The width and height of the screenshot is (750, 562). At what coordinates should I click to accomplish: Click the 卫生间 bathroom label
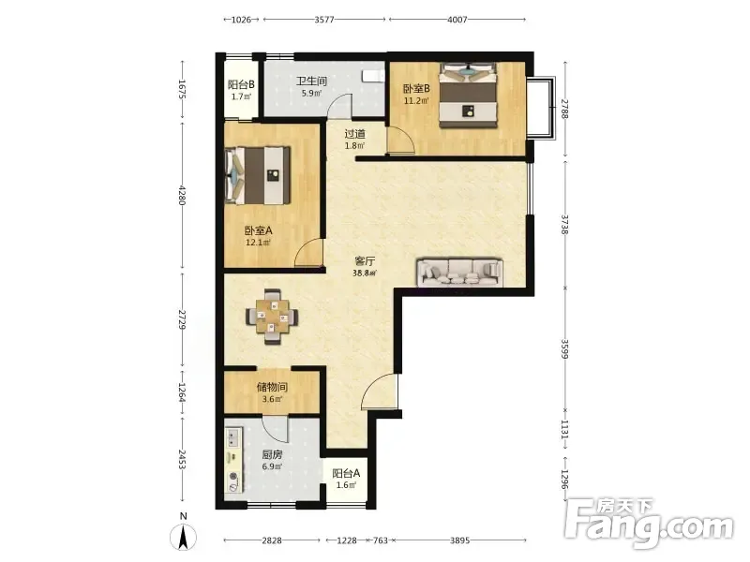tap(311, 81)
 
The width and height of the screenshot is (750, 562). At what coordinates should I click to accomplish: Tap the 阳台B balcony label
tap(241, 85)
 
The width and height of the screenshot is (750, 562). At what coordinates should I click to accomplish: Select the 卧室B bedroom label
tap(416, 89)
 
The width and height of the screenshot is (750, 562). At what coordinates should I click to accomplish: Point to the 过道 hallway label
tap(355, 134)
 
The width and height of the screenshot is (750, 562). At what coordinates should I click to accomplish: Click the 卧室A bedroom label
tap(259, 230)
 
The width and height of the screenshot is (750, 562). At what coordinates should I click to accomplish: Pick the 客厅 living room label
tap(365, 261)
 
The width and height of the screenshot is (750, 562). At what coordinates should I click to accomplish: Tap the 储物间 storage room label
tap(272, 387)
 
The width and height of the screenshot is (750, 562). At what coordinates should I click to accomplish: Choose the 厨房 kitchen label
tap(272, 454)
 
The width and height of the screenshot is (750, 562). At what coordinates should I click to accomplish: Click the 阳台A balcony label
tap(346, 474)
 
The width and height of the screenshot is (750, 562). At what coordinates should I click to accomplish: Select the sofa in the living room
tap(459, 273)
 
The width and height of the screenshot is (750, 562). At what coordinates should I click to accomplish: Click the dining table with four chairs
tap(272, 317)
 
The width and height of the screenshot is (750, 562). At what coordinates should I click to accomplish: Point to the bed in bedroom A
tap(259, 175)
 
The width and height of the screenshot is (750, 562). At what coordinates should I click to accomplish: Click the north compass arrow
tap(183, 537)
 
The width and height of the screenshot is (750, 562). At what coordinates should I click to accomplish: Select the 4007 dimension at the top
tap(457, 20)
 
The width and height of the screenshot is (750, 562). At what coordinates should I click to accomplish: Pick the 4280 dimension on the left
tap(182, 196)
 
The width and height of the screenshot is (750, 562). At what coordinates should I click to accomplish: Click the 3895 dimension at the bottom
tap(459, 540)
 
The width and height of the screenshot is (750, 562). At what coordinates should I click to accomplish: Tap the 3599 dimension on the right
tap(565, 349)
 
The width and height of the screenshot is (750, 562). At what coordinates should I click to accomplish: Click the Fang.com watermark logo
tap(649, 523)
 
